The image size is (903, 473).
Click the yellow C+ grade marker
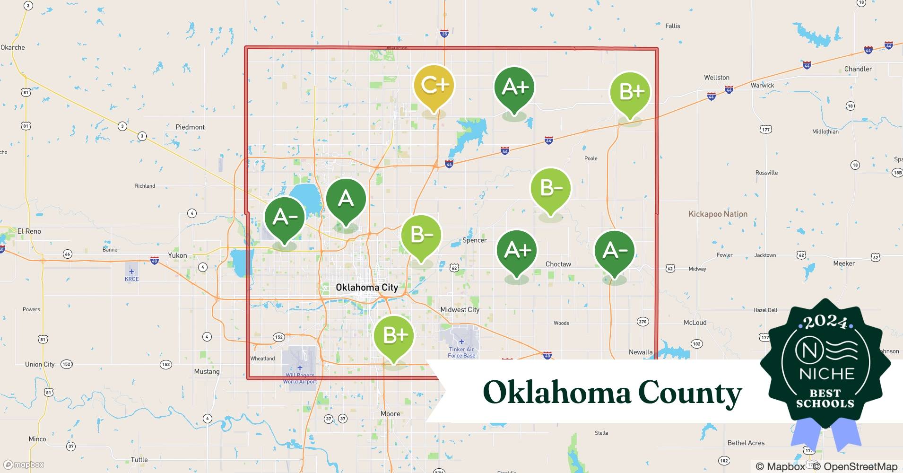tap(434, 86)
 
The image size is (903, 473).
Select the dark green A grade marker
tap(346, 199)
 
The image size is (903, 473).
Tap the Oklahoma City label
tap(367, 287)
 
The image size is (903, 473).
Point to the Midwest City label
tap(460, 310)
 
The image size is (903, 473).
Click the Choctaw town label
tap(558, 264)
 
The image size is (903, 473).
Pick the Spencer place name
tap(474, 240)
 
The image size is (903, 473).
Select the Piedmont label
tap(190, 127)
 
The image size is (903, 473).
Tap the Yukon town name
tap(177, 255)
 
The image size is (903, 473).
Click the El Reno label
tap(29, 231)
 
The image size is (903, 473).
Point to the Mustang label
tap(207, 371)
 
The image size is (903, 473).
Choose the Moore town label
tap(390, 414)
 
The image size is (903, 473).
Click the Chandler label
tap(858, 69)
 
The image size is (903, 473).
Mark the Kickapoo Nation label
tap(718, 214)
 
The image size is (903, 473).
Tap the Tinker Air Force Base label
tap(461, 352)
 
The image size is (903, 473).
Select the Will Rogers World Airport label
tap(300, 378)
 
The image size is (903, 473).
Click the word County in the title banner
tap(690, 393)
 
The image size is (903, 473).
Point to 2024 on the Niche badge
tap(825, 323)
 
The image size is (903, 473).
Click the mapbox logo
tap(24, 464)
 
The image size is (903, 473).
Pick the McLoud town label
tap(695, 323)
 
